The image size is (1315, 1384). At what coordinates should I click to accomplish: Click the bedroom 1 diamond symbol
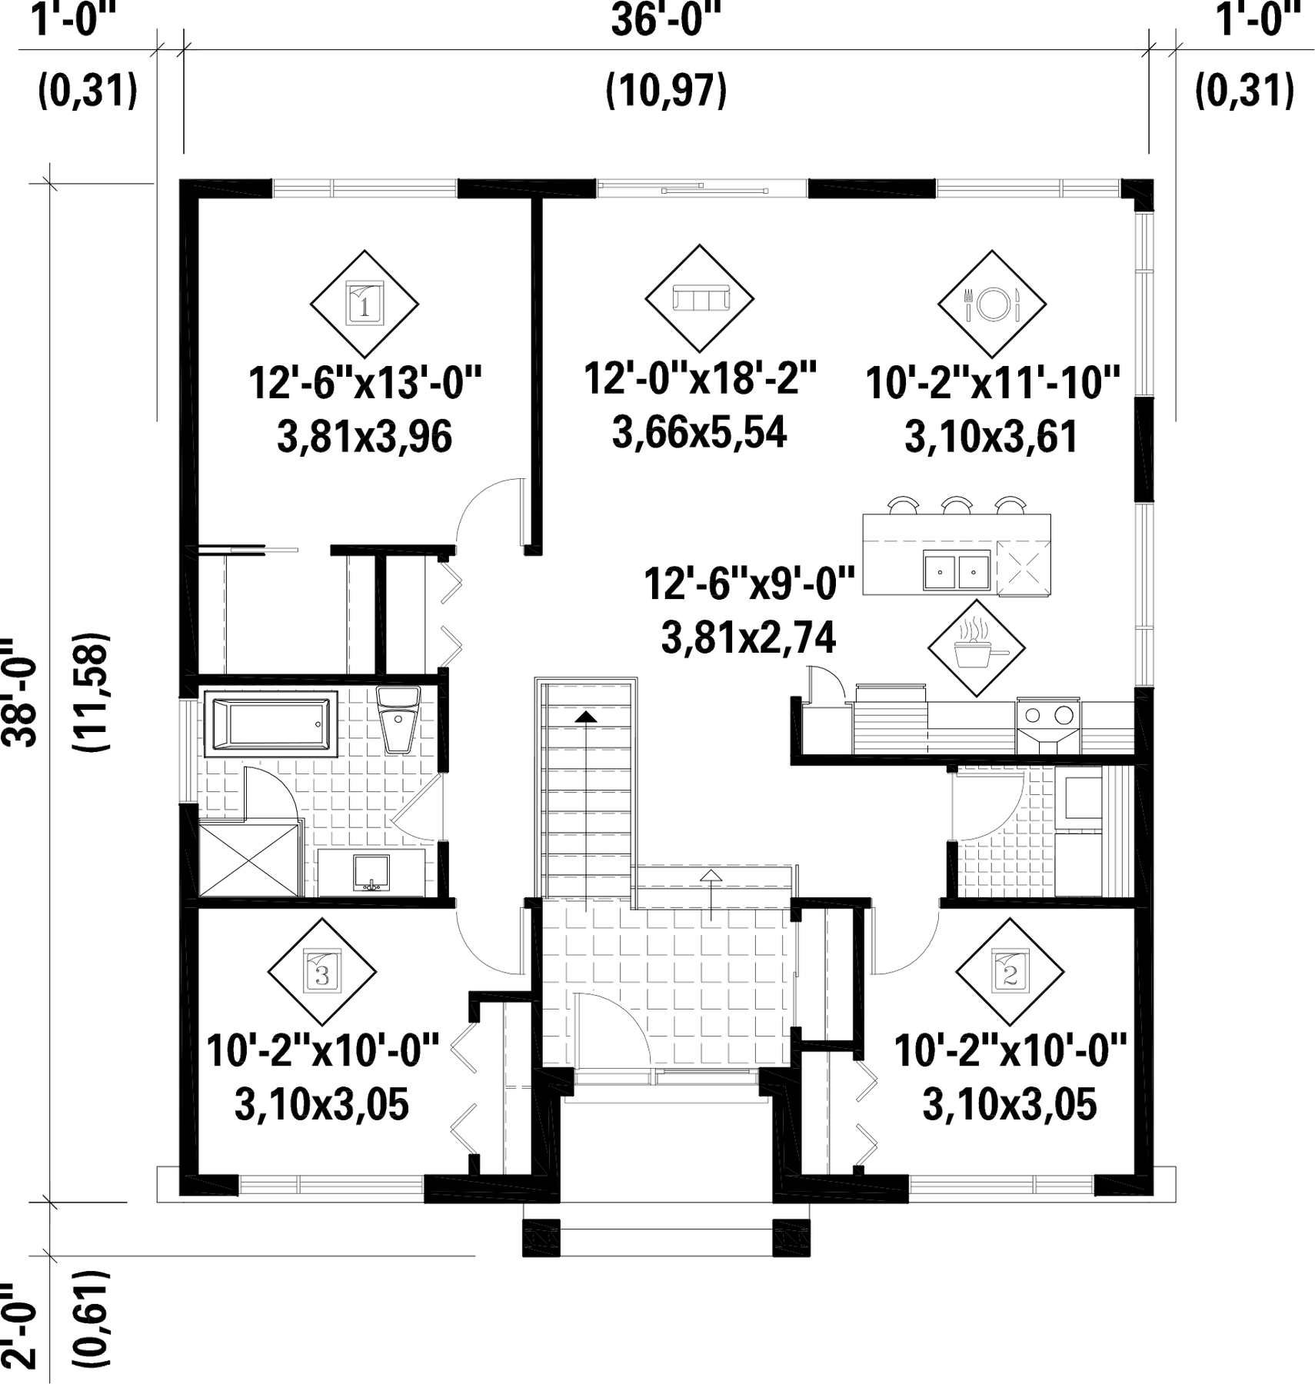coord(365,304)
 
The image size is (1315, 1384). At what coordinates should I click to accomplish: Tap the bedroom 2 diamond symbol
coord(1010,973)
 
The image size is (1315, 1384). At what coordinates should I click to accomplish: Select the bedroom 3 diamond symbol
coord(322,973)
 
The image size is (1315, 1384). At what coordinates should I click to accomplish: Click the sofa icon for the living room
coord(700,298)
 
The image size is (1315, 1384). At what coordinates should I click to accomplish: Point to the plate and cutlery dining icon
coord(992,304)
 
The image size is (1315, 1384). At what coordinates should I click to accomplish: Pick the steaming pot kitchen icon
coord(977,648)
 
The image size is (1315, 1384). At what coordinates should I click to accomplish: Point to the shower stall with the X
coord(248,859)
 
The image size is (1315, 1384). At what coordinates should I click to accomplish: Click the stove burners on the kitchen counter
coord(1048,716)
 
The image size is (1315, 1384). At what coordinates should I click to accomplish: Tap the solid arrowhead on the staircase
coord(586,717)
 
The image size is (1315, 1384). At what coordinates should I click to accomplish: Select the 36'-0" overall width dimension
coord(666,21)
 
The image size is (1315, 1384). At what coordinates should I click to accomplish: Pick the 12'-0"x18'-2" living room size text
coord(700,378)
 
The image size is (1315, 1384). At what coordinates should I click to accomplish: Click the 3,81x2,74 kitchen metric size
coord(748,638)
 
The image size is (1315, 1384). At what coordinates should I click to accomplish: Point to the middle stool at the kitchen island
coord(957,505)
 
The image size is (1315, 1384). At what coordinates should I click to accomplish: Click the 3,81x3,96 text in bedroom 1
coord(365,437)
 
